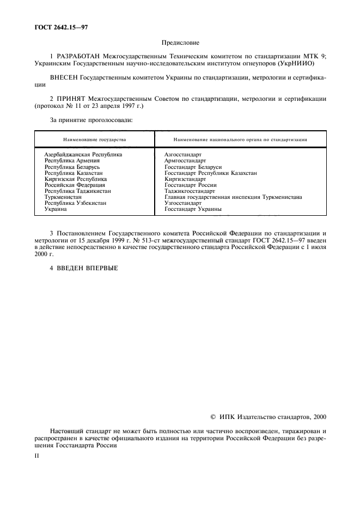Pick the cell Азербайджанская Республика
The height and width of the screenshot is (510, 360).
[x=83, y=155]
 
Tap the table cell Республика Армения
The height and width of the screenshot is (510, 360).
[x=72, y=161]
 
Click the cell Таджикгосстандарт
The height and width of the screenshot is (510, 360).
[x=190, y=191]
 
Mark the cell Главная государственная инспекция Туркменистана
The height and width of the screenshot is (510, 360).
[x=233, y=197]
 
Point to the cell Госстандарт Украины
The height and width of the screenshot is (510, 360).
[x=193, y=209]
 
